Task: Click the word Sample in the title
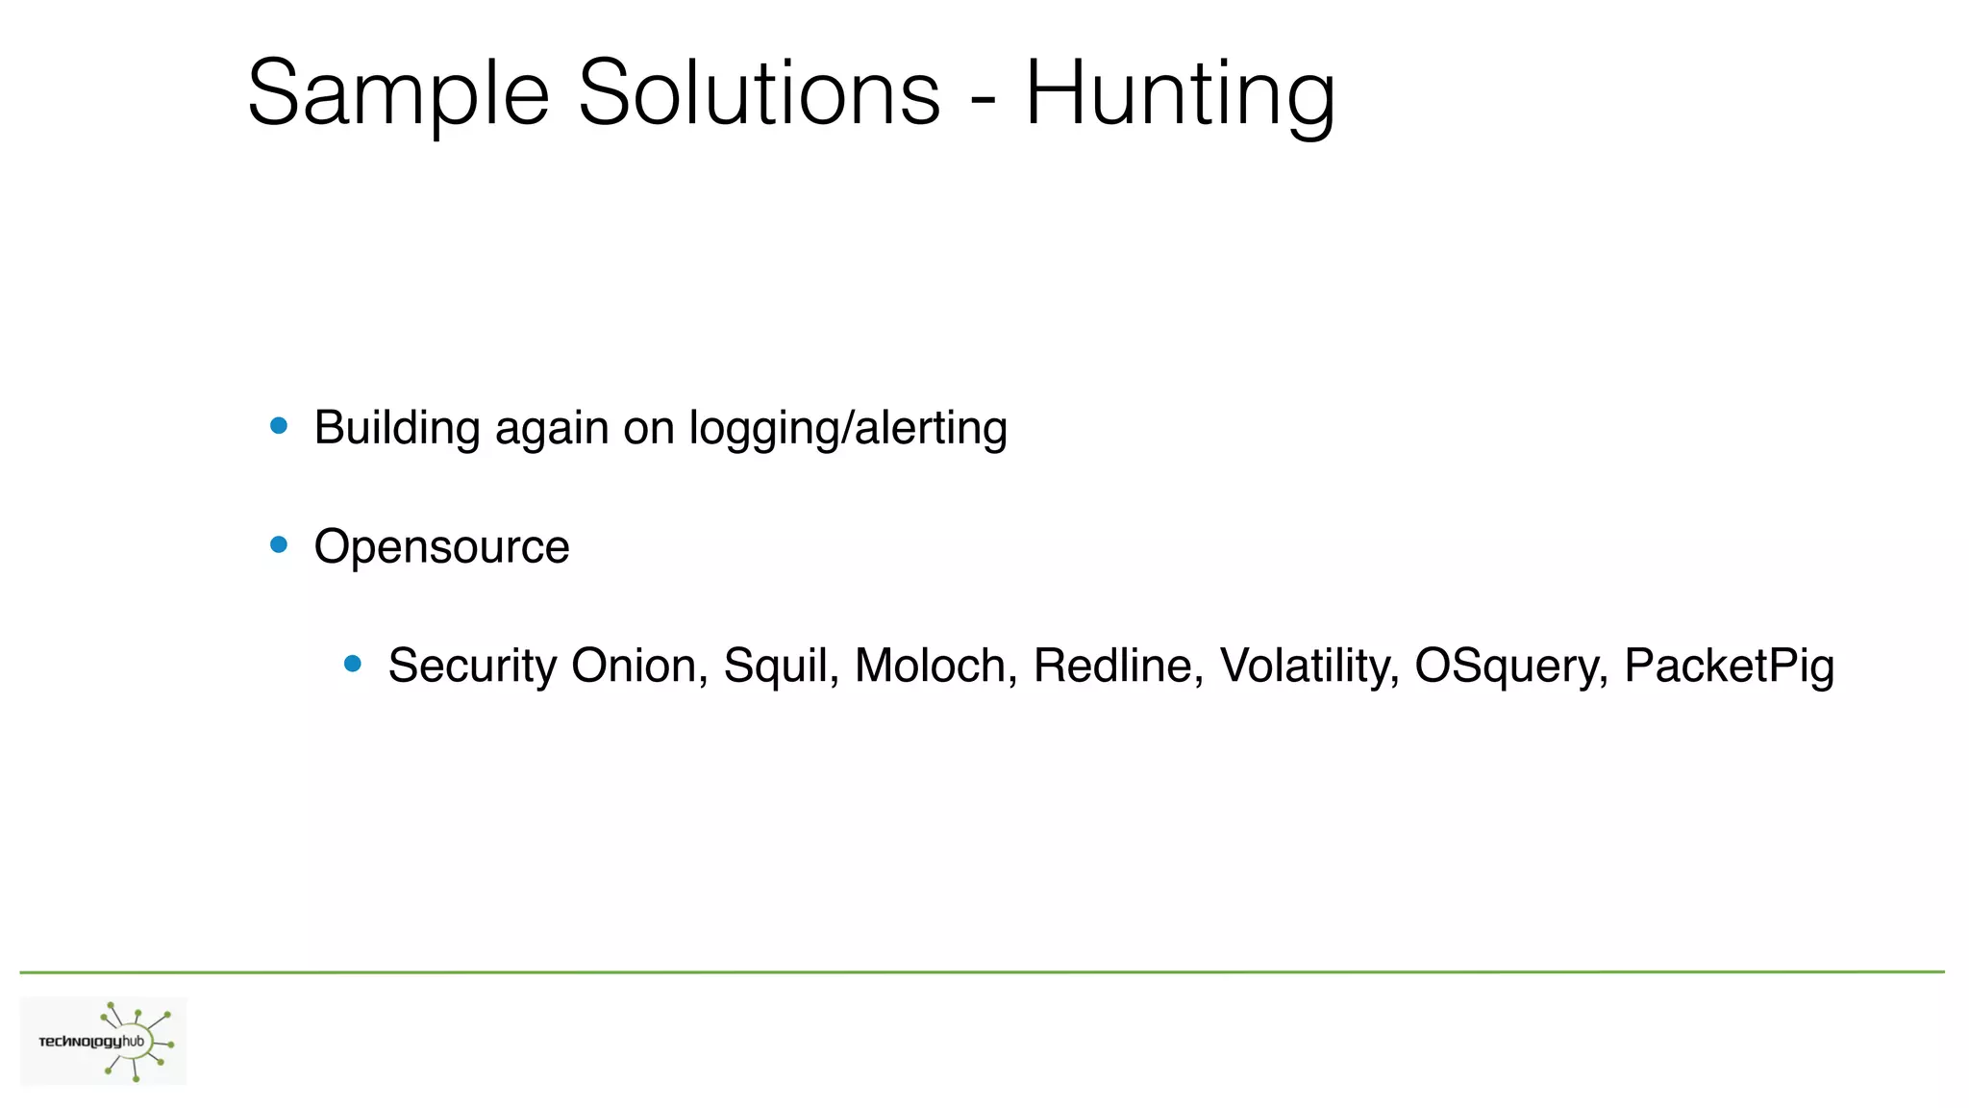click(x=398, y=94)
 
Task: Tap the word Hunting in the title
click(x=1180, y=94)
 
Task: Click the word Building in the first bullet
click(x=397, y=429)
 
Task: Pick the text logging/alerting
click(x=848, y=429)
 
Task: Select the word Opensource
click(x=441, y=547)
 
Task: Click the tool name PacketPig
click(x=1729, y=666)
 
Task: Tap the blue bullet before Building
click(x=279, y=426)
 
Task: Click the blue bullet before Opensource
click(x=279, y=544)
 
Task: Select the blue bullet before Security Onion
click(x=353, y=663)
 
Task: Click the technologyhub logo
click(x=104, y=1042)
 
